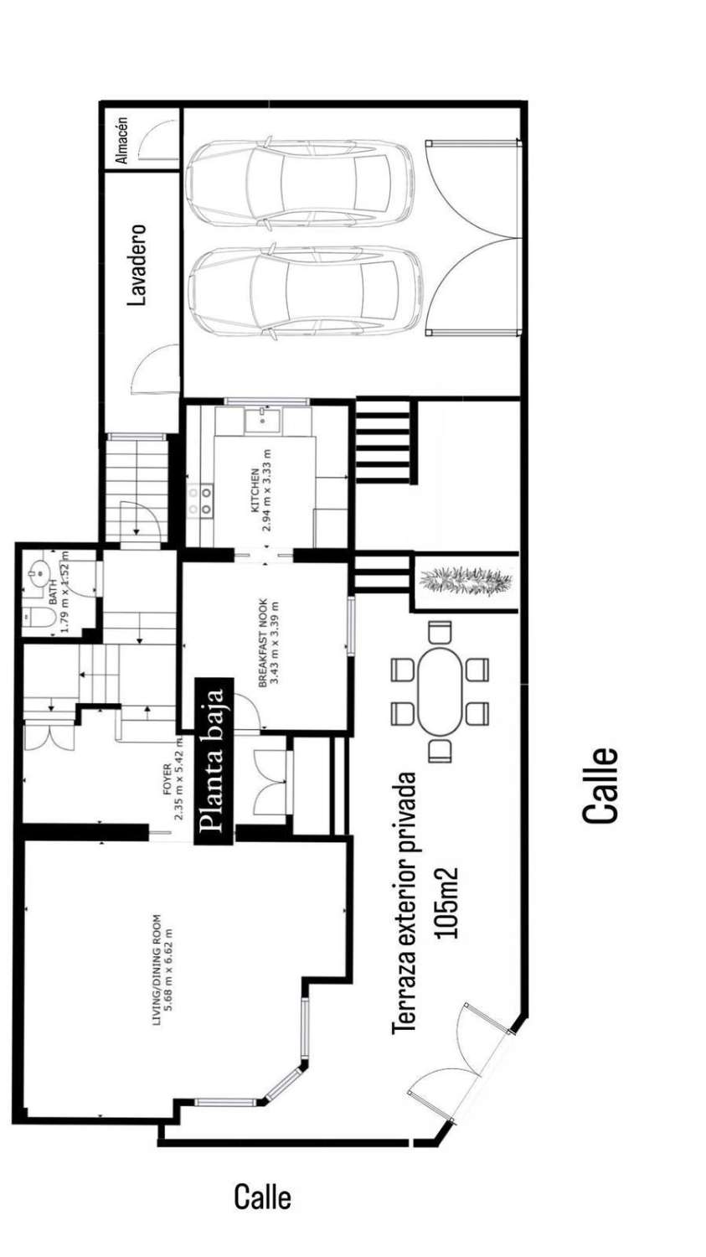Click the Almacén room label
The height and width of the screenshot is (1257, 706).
tap(122, 139)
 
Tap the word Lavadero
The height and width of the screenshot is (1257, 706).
tap(138, 264)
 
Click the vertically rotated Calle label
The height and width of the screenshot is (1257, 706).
tap(600, 784)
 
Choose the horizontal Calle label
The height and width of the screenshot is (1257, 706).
tap(262, 1197)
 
